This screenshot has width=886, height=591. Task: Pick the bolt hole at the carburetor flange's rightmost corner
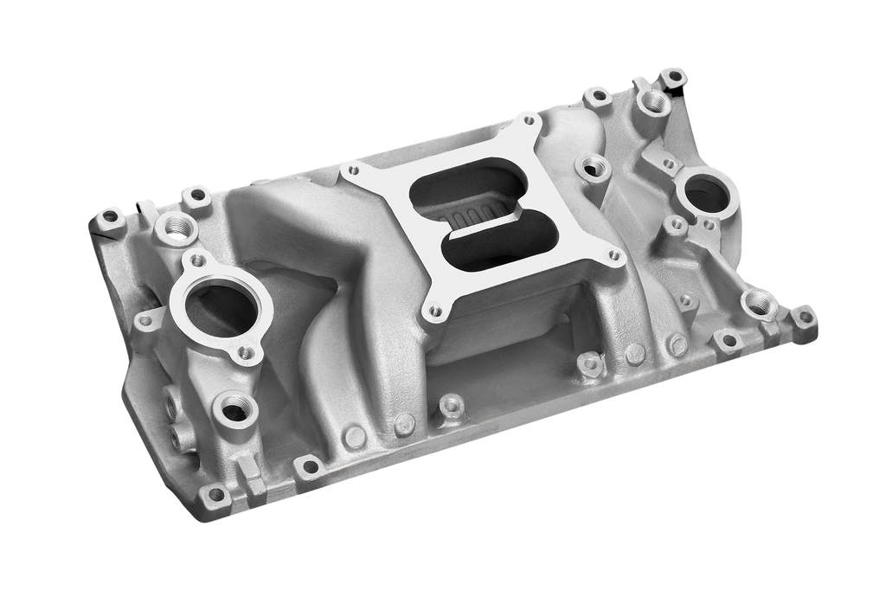[614, 256]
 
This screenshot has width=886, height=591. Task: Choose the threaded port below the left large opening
[234, 408]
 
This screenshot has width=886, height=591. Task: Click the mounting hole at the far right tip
[806, 316]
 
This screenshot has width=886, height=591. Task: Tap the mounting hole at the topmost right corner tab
[672, 76]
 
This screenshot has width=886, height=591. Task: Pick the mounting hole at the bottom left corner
[215, 495]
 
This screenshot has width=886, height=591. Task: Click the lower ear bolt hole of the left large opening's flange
[246, 352]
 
